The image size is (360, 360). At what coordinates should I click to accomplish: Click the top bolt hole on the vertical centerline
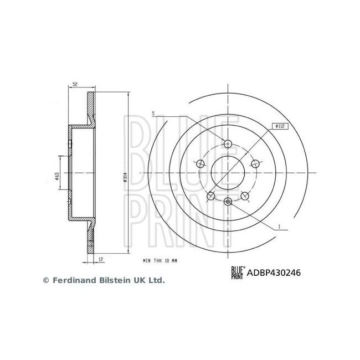[x=228, y=144]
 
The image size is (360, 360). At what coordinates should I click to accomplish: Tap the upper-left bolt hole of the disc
[x=200, y=163]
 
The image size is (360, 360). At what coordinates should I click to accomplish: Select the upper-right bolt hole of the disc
[x=255, y=163]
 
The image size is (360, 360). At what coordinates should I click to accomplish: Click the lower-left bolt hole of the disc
[x=210, y=196]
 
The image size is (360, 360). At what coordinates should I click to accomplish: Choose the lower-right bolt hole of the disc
[x=245, y=196]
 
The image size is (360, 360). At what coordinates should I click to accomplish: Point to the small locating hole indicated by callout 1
[x=228, y=202]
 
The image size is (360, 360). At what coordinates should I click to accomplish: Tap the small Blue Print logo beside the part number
[x=238, y=272]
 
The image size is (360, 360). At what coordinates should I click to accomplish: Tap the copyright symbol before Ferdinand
[x=46, y=281]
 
